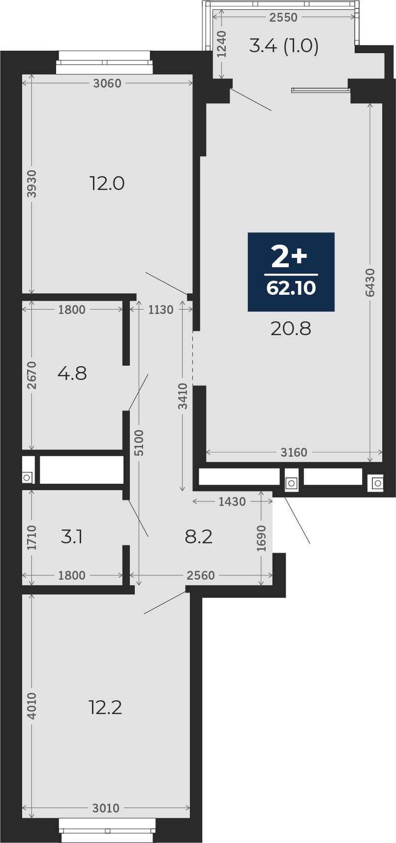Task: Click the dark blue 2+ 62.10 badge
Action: point(291,272)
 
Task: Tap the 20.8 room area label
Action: point(291,329)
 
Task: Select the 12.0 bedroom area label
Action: point(107,184)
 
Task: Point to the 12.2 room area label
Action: point(105,708)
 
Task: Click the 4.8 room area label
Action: point(72,374)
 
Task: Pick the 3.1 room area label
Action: point(72,537)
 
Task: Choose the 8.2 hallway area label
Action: point(199,537)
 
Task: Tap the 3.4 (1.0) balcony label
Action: point(284,46)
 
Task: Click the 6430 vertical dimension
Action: point(370,282)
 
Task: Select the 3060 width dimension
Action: point(108,83)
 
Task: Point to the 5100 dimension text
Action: point(139,443)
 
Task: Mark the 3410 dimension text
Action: point(183,396)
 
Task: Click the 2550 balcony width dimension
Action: point(283,17)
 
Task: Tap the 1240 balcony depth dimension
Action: point(222,44)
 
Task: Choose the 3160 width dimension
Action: point(294,452)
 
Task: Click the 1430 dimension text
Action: point(232,501)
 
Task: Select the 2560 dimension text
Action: point(201,575)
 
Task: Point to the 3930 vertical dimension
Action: point(32,184)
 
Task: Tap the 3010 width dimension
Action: point(106,808)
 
